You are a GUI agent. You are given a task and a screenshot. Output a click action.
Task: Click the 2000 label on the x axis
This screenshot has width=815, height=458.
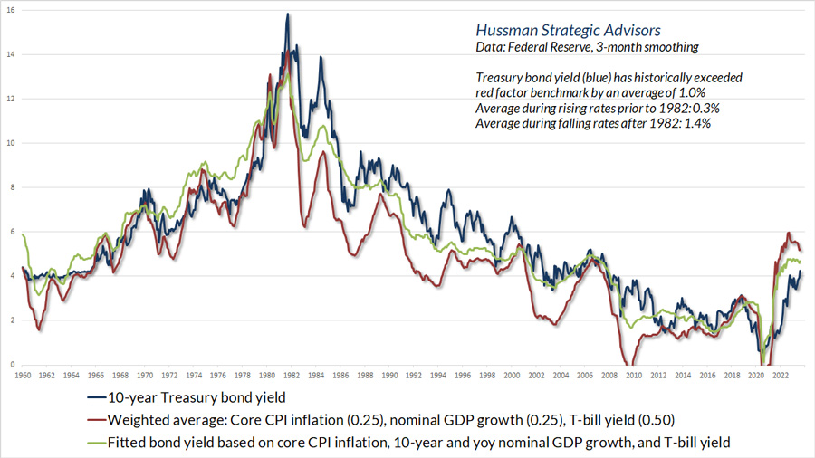[513, 374]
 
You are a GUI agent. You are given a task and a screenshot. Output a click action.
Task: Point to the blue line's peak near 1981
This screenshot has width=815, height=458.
[287, 14]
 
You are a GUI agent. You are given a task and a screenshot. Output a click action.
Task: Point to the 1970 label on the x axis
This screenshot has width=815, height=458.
[145, 374]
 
